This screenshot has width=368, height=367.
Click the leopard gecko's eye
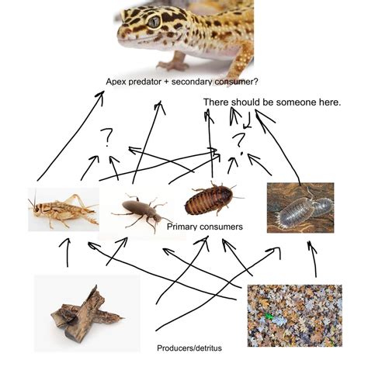tap(154, 22)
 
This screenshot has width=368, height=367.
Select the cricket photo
tap(64, 209)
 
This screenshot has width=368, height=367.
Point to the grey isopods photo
tap(300, 207)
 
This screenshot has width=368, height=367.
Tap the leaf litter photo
tap(295, 316)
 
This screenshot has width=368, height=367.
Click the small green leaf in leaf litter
tap(269, 317)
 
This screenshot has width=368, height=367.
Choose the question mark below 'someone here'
tap(239, 142)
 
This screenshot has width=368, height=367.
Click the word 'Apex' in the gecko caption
tap(116, 82)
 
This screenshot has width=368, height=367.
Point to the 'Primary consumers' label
tap(205, 227)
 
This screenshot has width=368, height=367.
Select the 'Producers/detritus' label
tap(189, 348)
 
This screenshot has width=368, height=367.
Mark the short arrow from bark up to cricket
tap(68, 252)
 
